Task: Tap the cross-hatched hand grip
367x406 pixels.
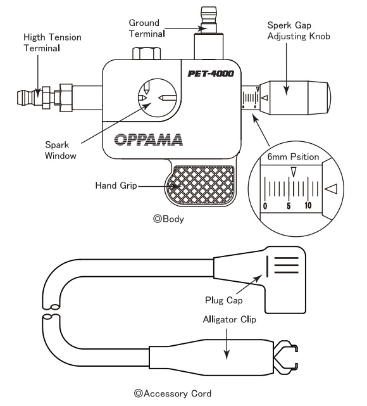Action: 202,185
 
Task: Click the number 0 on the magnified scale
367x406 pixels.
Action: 264,206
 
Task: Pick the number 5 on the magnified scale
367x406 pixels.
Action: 288,206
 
